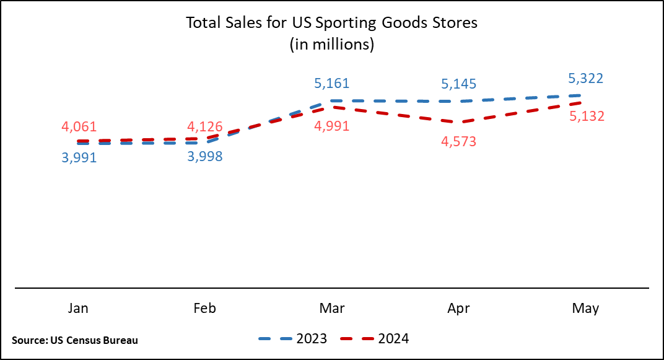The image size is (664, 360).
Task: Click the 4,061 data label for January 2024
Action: pos(79,127)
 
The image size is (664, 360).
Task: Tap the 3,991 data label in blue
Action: pos(79,157)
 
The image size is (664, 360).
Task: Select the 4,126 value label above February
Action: pos(205,127)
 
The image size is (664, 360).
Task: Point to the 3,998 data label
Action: pos(205,157)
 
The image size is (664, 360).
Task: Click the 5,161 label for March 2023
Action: pos(332,83)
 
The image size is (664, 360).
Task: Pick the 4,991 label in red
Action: pos(332,126)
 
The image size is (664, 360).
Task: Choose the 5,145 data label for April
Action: pos(459,84)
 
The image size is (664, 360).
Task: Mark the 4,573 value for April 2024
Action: pos(459,141)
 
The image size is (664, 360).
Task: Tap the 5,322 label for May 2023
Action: pos(585,79)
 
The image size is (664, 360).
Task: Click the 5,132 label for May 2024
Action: pos(585,116)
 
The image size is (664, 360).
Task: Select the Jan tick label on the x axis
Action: pos(78,309)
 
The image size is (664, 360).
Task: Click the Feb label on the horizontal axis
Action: pos(205,309)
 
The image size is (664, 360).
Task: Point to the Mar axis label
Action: pos(332,309)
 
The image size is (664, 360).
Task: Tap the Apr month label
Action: pos(459,309)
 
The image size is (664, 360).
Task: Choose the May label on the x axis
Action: pos(585,309)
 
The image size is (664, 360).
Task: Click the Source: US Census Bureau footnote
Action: pos(75,340)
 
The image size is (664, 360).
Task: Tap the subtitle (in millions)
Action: pos(332,45)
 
